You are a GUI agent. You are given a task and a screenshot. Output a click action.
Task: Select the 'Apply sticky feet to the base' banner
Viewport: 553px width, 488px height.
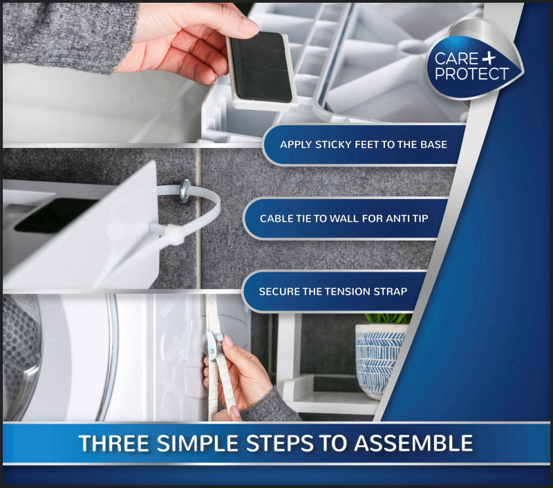pos(363,145)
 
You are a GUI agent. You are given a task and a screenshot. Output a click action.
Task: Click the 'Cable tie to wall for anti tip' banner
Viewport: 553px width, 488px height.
pos(344,218)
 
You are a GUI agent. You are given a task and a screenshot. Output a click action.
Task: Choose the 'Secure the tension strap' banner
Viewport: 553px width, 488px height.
pos(332,292)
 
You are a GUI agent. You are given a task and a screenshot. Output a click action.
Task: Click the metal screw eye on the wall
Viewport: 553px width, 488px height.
pos(185,191)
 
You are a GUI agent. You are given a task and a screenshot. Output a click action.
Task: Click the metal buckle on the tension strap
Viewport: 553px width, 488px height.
pos(216,342)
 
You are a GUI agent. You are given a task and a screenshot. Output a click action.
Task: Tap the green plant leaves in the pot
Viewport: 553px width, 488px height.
pos(387,319)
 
